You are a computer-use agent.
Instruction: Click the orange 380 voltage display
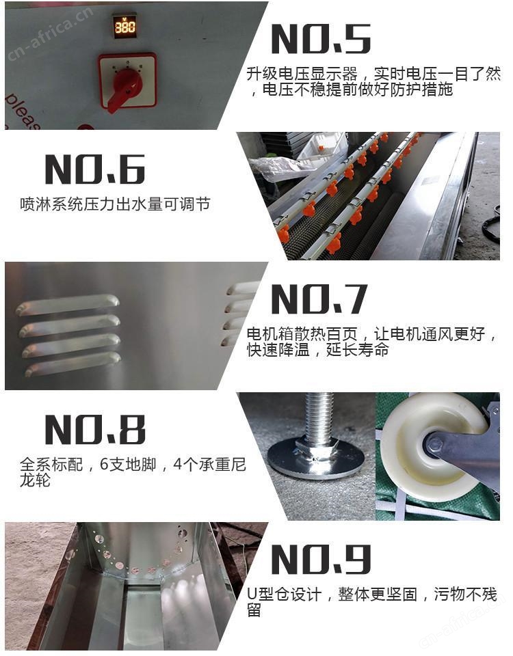click(x=124, y=26)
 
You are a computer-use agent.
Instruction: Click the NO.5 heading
click(x=321, y=38)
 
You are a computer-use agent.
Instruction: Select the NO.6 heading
click(x=95, y=169)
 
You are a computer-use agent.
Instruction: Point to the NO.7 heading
click(x=319, y=299)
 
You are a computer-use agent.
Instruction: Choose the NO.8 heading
click(x=95, y=430)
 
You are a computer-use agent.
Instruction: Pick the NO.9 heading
click(x=321, y=560)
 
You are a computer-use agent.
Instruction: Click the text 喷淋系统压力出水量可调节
click(x=115, y=204)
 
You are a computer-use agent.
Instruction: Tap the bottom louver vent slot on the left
click(x=73, y=364)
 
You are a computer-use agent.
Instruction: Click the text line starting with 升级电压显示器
click(x=373, y=74)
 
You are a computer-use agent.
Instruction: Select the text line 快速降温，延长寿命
click(x=318, y=350)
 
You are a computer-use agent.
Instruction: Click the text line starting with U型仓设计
click(x=372, y=594)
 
